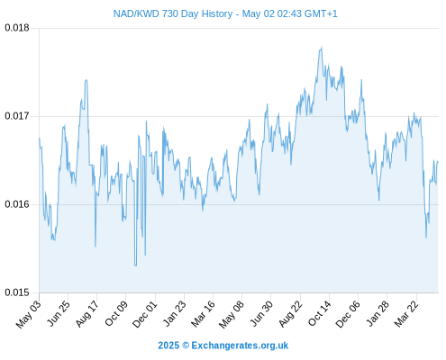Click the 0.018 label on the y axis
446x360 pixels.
[x=17, y=28]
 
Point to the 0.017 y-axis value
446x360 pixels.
[x=17, y=116]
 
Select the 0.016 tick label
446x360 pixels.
[x=17, y=204]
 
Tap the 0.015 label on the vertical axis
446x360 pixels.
[x=17, y=292]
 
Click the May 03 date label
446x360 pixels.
[x=29, y=314]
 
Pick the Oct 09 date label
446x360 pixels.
[x=116, y=313]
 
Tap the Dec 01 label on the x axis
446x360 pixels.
[x=145, y=314]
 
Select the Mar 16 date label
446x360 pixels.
[x=203, y=314]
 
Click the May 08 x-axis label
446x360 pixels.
[x=232, y=314]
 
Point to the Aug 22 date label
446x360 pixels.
[x=290, y=314]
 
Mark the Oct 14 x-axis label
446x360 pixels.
[x=319, y=313]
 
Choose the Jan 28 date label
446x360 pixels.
[x=378, y=313]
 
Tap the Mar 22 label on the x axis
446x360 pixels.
[x=406, y=314]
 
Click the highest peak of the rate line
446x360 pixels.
[x=322, y=47]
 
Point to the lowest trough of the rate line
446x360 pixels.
[x=135, y=265]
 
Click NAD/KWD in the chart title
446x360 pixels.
[x=136, y=13]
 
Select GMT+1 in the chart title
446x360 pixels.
[x=321, y=13]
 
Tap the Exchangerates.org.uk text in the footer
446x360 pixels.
[x=240, y=346]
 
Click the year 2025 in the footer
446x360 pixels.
[x=168, y=346]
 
